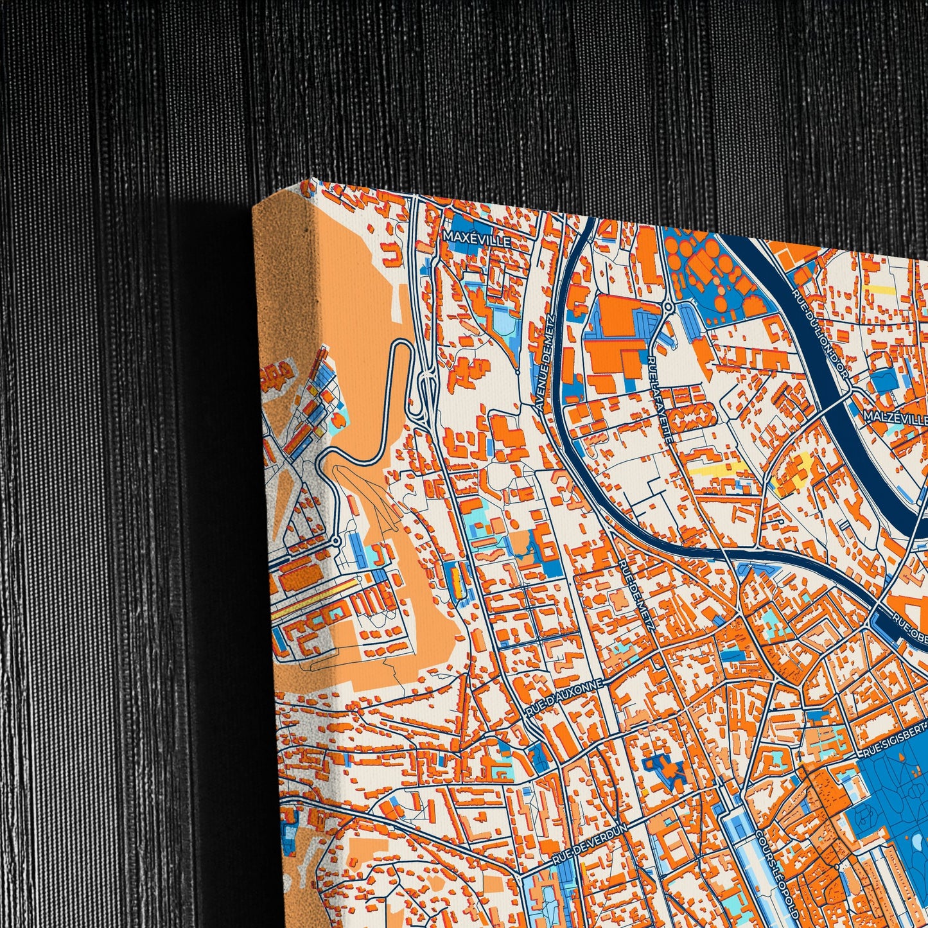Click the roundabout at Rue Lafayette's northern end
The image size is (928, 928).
(x=669, y=307)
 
